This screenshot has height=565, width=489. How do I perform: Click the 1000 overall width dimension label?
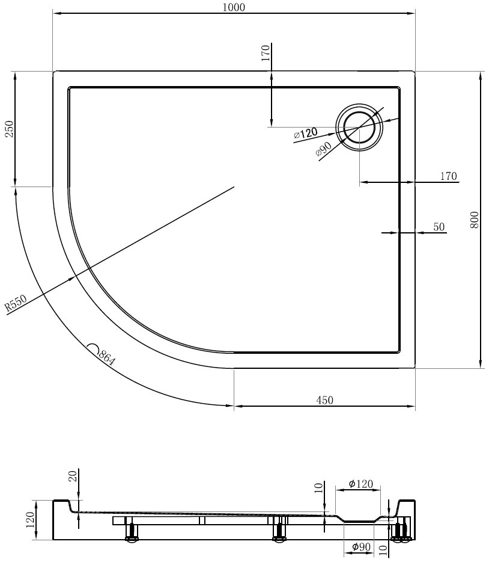(x=234, y=7)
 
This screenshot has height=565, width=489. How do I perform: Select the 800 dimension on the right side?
(x=475, y=220)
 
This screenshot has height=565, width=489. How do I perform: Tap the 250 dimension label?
(x=9, y=129)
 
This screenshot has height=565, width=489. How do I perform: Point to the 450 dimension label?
(x=324, y=400)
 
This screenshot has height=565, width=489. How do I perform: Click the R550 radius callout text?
(x=16, y=303)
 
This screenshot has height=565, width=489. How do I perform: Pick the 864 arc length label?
(x=106, y=357)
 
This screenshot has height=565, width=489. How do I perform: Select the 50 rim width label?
(x=439, y=227)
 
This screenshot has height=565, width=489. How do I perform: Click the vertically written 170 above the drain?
(x=266, y=53)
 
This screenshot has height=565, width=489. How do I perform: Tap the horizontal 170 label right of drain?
(x=448, y=176)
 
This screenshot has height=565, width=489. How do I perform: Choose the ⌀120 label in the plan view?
(x=306, y=134)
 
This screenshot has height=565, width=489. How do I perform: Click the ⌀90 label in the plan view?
(x=323, y=149)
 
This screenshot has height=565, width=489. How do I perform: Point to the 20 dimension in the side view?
(x=73, y=477)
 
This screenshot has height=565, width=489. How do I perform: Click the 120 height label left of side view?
(x=30, y=520)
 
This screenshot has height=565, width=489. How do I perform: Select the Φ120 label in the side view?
(x=360, y=484)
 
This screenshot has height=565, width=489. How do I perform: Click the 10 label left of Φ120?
(x=319, y=487)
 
